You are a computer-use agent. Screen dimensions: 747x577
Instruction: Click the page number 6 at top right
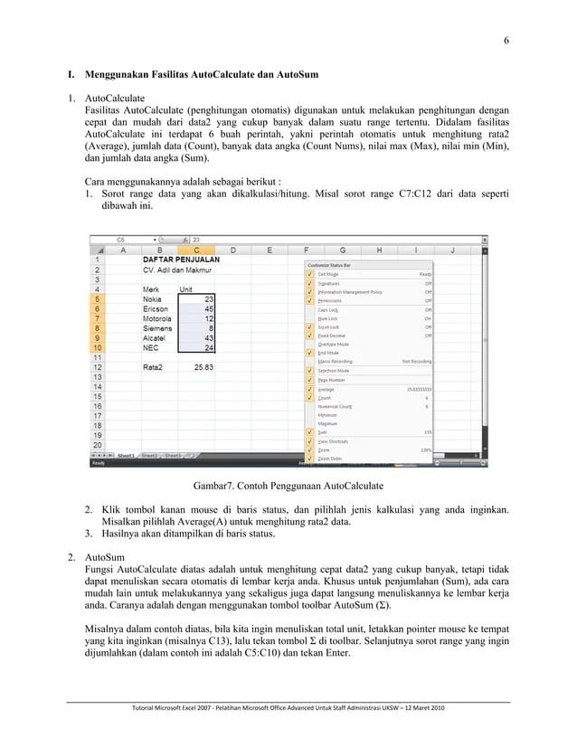pyautogui.click(x=506, y=40)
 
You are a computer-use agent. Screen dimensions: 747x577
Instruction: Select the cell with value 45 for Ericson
pyautogui.click(x=198, y=308)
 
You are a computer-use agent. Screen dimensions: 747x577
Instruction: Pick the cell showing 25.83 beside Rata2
pyautogui.click(x=198, y=367)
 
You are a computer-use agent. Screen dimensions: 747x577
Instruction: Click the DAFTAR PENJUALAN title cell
pyautogui.click(x=181, y=259)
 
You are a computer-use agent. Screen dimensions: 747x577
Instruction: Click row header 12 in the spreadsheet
pyautogui.click(x=106, y=367)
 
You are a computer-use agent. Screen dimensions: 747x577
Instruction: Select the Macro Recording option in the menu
pyautogui.click(x=336, y=361)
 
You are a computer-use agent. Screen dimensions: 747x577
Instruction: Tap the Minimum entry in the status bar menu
pyautogui.click(x=327, y=414)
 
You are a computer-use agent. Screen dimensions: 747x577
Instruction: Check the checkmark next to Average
pyautogui.click(x=309, y=388)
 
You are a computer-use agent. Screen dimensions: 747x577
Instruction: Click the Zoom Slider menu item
pyautogui.click(x=331, y=459)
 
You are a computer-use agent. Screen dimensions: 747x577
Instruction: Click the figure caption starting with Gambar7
pyautogui.click(x=288, y=487)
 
